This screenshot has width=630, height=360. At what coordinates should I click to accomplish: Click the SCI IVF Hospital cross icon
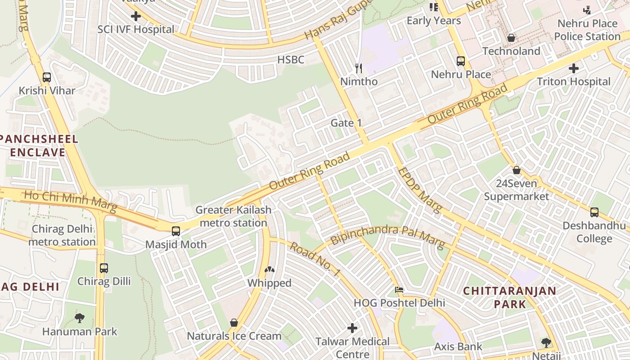[x=135, y=17]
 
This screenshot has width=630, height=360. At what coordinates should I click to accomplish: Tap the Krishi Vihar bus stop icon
[x=47, y=77]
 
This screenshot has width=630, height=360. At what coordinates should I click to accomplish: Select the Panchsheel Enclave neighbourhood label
[x=38, y=145]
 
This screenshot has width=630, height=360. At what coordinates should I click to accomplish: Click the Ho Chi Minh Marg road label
[x=70, y=202]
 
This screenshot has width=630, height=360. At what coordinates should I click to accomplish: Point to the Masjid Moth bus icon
[x=176, y=231]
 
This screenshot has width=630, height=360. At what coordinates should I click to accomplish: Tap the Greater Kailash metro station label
[x=233, y=216]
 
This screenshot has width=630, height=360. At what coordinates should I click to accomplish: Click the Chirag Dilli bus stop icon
[x=104, y=268]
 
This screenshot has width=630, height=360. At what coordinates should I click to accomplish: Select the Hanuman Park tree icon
[x=80, y=318]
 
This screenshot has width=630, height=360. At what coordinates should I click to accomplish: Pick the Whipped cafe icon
[x=270, y=270]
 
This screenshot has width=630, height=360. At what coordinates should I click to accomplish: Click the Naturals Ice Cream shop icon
[x=234, y=323]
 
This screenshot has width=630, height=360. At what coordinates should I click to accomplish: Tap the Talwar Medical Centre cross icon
[x=352, y=328]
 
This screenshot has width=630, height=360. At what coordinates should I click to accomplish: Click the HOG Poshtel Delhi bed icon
[x=399, y=289]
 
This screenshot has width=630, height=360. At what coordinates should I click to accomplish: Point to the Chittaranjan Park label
[x=510, y=297]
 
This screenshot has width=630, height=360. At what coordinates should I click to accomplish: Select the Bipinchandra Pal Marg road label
[x=387, y=237]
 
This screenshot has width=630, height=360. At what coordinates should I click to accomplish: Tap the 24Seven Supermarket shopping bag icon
[x=517, y=170]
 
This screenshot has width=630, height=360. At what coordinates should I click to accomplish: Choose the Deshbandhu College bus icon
[x=594, y=212]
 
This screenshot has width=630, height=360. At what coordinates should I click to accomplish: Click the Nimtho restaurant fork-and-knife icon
[x=359, y=68]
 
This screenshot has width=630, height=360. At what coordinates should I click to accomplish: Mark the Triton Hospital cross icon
[x=574, y=68]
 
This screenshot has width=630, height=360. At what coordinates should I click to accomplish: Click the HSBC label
[x=291, y=60]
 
